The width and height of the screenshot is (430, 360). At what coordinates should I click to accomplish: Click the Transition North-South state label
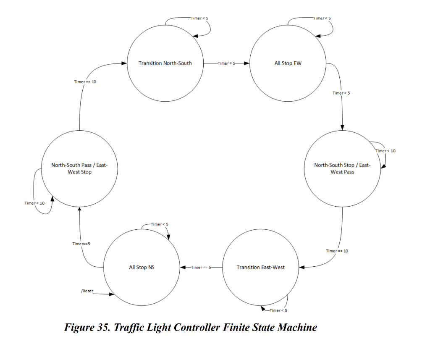tap(165, 63)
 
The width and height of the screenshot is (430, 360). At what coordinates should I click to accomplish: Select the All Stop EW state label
tap(288, 63)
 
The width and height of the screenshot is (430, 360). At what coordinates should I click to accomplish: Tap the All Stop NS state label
tap(142, 267)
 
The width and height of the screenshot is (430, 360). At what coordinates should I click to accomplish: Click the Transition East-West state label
tap(260, 267)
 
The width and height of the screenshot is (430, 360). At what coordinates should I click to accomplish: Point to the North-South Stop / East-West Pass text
tap(342, 168)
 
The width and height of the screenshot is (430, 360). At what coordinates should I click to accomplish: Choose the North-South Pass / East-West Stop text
tap(79, 168)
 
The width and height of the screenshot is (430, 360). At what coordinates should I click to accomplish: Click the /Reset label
tap(87, 291)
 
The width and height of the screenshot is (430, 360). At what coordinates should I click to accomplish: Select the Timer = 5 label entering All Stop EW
tap(227, 63)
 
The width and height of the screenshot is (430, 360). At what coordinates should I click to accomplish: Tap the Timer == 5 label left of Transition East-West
tap(201, 267)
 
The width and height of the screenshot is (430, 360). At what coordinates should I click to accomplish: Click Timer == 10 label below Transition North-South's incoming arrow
tap(85, 81)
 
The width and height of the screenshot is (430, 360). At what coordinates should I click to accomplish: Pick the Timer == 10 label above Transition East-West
tap(337, 251)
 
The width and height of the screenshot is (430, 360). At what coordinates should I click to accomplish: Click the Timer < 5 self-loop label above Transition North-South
tap(199, 18)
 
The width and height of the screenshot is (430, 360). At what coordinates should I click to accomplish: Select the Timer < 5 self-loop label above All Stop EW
tap(322, 18)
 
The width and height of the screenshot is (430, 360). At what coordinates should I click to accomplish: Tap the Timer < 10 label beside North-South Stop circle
tap(385, 151)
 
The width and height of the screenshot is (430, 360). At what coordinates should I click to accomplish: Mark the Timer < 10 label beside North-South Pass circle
tap(34, 203)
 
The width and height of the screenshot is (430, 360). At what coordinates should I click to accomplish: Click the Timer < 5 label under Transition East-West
tap(278, 310)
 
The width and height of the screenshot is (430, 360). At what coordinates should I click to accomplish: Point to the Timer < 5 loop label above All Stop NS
tap(159, 224)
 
